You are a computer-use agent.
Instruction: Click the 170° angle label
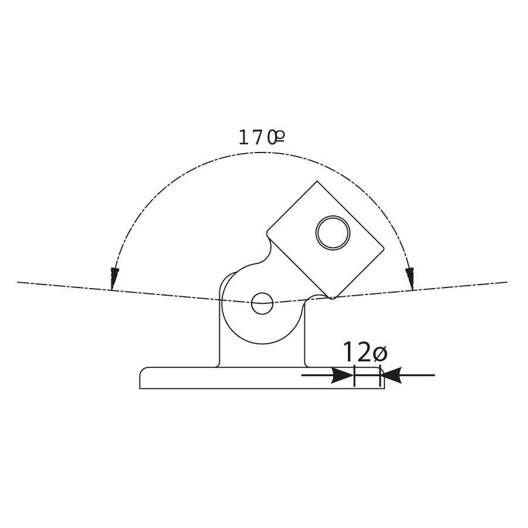pyautogui.click(x=262, y=137)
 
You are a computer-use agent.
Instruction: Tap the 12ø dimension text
pyautogui.click(x=365, y=352)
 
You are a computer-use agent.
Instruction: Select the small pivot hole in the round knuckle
pyautogui.click(x=262, y=303)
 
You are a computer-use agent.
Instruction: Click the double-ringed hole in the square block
pyautogui.click(x=333, y=233)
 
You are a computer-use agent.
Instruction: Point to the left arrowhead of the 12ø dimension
pyautogui.click(x=342, y=375)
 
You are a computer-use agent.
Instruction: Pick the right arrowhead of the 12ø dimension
pyautogui.click(x=391, y=375)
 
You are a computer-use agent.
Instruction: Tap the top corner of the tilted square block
pyautogui.click(x=317, y=181)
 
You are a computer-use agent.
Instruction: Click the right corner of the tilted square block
pyautogui.click(x=384, y=249)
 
